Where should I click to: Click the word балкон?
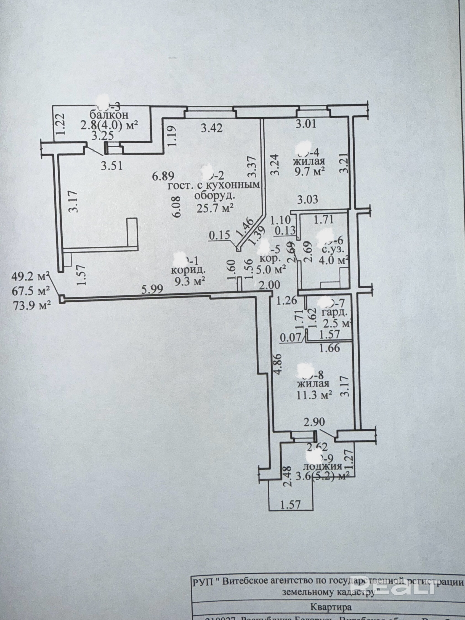pos(109,115)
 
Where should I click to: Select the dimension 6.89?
pos(163,176)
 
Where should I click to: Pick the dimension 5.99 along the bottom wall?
pos(152,289)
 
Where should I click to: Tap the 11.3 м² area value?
pos(314,395)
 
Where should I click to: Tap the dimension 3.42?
pos(212,128)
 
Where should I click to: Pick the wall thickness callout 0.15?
pos(219,235)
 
